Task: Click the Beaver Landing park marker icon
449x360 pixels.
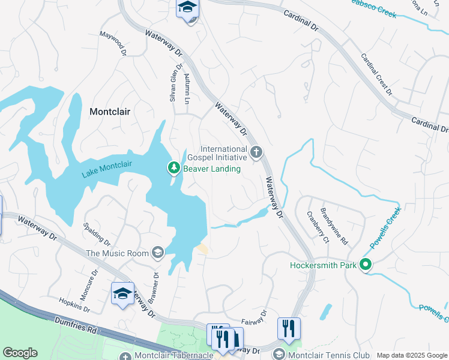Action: (x=174, y=169)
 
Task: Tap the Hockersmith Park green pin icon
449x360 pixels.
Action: (x=365, y=265)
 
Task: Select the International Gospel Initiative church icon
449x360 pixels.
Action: (x=256, y=152)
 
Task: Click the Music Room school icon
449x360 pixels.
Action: (x=157, y=253)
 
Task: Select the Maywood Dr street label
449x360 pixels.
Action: (x=113, y=44)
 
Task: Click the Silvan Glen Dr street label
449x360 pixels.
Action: (x=172, y=87)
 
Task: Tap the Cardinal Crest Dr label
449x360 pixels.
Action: (x=376, y=74)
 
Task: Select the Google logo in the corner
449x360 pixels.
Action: (x=20, y=353)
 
